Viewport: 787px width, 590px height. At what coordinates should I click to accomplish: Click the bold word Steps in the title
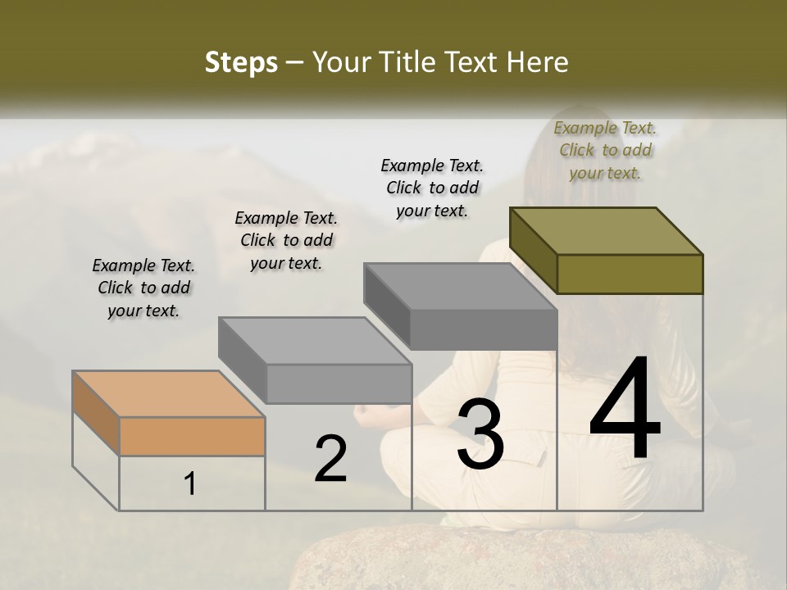click(241, 62)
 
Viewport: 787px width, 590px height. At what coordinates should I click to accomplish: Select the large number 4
click(625, 410)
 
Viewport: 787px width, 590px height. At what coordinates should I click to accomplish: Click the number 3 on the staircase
click(480, 433)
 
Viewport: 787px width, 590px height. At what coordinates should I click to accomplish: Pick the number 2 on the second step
click(330, 459)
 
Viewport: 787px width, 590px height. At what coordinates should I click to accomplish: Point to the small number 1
click(190, 484)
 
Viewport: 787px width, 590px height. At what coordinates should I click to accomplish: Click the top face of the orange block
click(168, 394)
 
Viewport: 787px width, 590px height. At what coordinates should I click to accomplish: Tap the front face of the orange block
click(192, 437)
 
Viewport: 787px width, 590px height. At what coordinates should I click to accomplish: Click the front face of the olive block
click(630, 274)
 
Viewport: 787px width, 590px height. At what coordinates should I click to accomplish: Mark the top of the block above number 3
click(460, 286)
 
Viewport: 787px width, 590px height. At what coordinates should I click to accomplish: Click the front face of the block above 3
click(484, 330)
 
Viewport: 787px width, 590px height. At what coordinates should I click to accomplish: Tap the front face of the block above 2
click(339, 384)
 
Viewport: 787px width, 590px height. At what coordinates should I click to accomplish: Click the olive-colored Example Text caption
click(605, 150)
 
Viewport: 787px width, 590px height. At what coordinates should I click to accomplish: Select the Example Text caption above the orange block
click(143, 288)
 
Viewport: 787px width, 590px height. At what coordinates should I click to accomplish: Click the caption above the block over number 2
click(286, 240)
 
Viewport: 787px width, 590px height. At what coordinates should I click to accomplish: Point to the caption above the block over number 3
click(432, 188)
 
